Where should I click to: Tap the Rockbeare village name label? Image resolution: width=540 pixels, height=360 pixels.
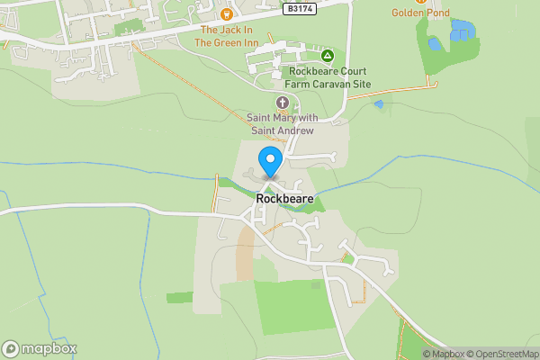[283, 198]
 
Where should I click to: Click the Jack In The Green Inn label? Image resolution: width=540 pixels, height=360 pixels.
[227, 35]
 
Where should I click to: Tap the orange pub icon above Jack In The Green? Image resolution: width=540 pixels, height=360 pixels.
[227, 13]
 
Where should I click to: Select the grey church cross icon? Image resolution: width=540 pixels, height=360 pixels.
[283, 103]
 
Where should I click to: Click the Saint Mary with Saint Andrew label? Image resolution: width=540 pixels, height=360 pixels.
[281, 124]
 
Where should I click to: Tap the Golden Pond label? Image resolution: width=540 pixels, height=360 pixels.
[421, 13]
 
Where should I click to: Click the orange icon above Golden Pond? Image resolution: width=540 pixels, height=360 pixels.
[421, 1]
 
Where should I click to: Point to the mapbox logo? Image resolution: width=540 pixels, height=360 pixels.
[40, 348]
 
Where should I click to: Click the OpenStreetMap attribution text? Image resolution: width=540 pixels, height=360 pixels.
[499, 354]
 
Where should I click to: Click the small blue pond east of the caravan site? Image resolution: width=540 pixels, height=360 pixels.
[378, 104]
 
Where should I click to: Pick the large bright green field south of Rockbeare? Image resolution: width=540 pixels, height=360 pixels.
[288, 306]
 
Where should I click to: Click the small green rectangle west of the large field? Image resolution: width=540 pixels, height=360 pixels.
[179, 297]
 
